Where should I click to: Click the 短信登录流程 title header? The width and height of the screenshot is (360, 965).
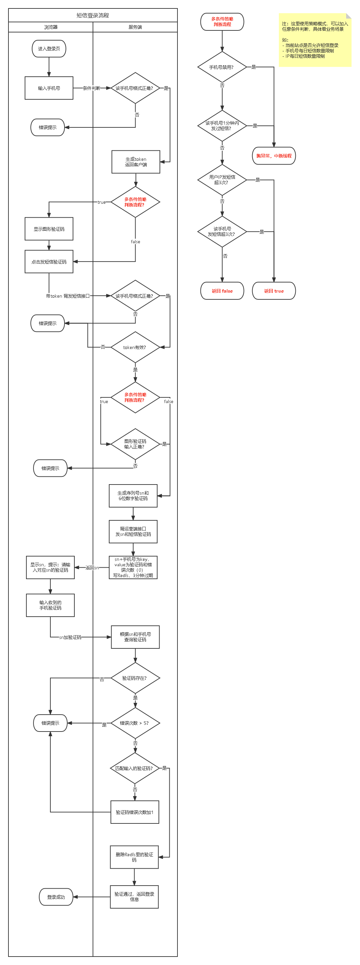coord(93,15)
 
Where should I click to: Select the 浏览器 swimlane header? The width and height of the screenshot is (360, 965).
coord(51,27)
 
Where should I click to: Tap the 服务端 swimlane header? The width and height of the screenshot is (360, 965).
coord(135,27)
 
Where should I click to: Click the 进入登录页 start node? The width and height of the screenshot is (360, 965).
coord(49,49)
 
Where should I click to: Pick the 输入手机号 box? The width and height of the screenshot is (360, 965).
coord(49,89)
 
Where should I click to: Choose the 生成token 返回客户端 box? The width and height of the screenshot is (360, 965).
coord(136,162)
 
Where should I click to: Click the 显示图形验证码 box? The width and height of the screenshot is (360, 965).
coord(49,229)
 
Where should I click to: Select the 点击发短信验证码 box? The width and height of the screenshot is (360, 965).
coord(49,262)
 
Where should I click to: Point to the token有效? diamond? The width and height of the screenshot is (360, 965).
coord(135,347)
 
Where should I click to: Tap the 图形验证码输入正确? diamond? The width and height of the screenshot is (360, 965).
coord(135,444)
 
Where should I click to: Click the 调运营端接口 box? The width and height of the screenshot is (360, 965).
coord(133,531)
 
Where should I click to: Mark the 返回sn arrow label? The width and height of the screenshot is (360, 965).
coord(92,568)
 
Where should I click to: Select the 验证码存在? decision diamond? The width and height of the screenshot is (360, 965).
coord(135,678)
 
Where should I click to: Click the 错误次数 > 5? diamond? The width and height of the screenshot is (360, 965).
coord(135,723)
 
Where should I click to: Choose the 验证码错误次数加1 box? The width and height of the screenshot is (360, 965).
coord(135,812)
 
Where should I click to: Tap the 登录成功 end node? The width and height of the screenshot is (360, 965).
coord(56,897)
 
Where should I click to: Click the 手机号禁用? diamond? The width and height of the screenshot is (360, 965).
coord(222,67)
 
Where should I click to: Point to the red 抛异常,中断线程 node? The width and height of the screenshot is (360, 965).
coord(274,156)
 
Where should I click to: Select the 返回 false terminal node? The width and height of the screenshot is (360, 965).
coord(222,291)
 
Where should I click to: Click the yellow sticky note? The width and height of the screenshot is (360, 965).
coord(315,40)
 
